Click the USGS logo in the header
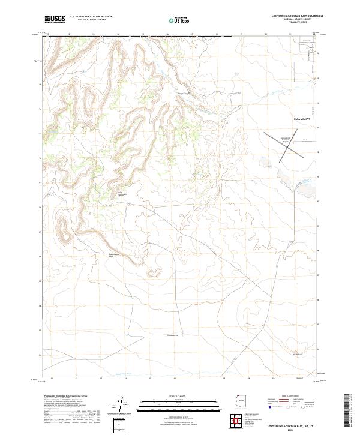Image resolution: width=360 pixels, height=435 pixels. pos(55,19)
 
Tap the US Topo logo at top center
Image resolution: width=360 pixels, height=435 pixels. pos(179,20)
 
